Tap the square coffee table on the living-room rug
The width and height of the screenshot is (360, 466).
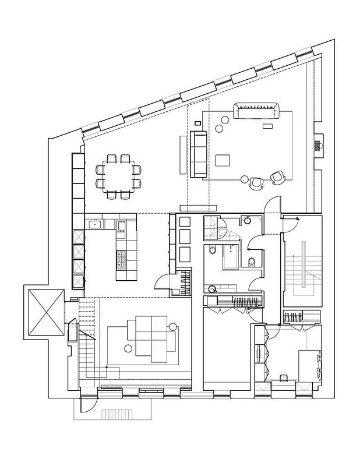(x=224, y=160)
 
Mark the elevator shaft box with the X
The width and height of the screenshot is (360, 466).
(x=44, y=312)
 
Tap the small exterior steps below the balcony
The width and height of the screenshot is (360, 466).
(x=118, y=414)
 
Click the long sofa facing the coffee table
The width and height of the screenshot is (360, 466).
(x=197, y=154)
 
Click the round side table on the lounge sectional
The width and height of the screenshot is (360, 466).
(x=173, y=326)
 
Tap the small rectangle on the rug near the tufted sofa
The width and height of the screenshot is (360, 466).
(x=268, y=126)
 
